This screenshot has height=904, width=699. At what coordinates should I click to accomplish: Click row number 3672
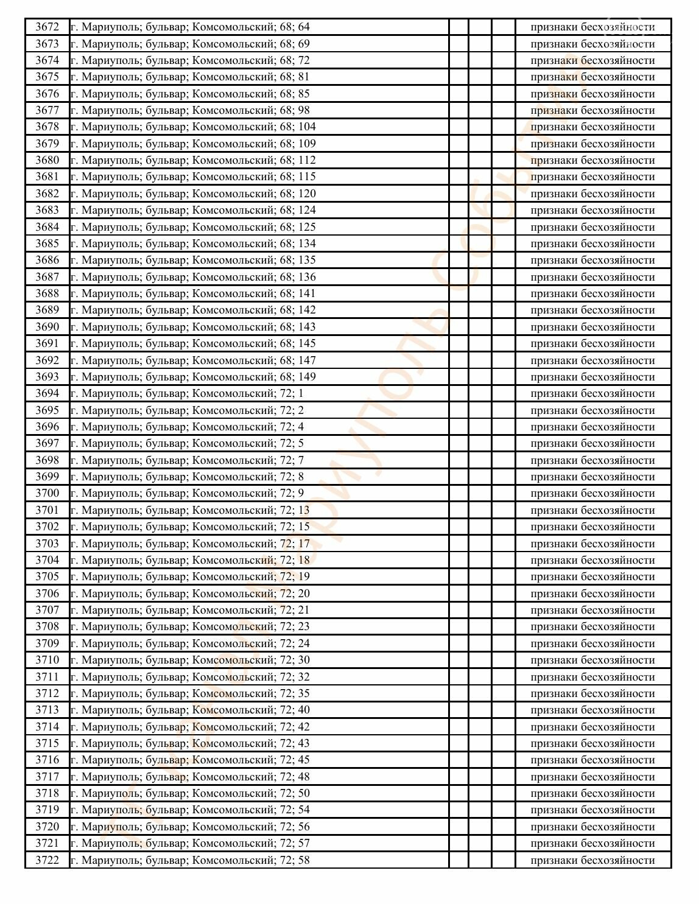47,27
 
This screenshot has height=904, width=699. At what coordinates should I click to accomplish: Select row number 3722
47,860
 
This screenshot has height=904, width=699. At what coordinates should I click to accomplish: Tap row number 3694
47,393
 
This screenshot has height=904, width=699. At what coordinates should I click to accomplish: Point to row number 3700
47,493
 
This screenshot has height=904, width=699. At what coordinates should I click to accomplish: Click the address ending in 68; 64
190,27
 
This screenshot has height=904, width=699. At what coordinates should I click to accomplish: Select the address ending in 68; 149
193,377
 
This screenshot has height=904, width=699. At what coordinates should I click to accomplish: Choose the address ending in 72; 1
187,393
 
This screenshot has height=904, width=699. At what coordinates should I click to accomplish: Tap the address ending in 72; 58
190,860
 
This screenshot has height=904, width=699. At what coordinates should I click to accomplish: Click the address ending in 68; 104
193,127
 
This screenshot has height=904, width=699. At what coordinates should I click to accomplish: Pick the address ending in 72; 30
190,660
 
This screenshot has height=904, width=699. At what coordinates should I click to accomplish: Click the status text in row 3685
592,244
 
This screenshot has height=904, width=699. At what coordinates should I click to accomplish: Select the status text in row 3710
592,660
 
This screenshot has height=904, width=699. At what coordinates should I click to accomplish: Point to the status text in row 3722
592,860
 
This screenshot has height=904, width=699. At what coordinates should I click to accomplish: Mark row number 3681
47,177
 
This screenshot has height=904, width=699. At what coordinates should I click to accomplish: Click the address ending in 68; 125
193,227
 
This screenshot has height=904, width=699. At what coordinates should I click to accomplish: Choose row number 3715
47,743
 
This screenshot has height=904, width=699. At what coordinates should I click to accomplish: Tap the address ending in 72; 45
190,760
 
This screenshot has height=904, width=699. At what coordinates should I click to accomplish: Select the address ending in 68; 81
190,77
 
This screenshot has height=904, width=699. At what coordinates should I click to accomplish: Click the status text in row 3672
592,27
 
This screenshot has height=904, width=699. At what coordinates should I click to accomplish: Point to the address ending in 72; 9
187,493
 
